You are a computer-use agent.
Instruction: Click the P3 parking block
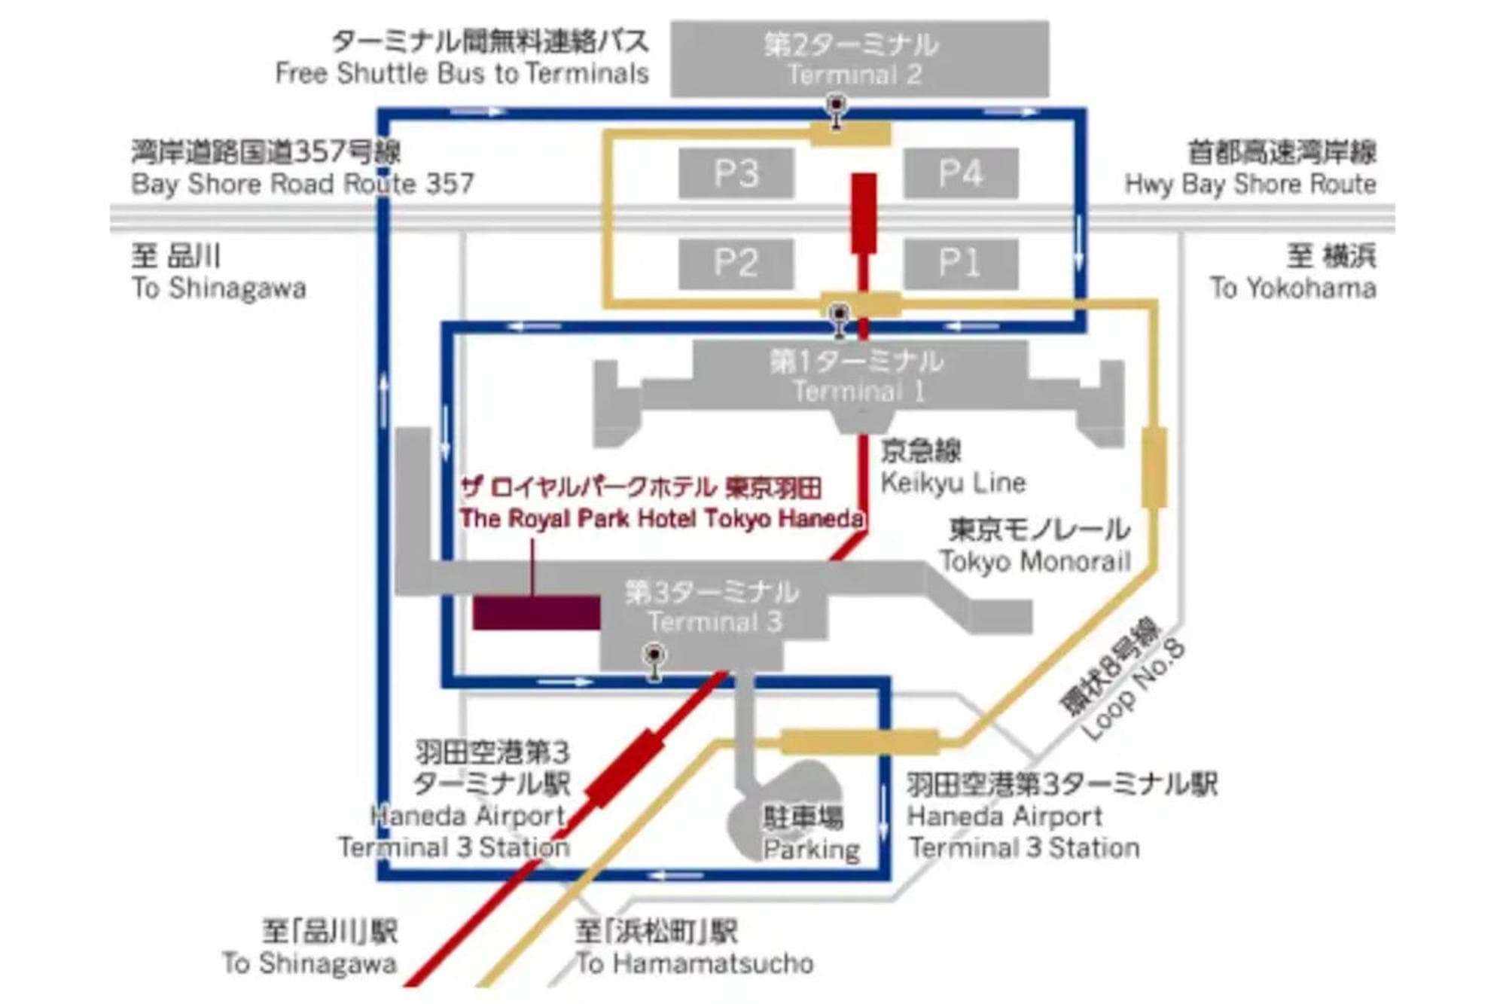(x=736, y=173)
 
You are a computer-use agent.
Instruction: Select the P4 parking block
(x=960, y=173)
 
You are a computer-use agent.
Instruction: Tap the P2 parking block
(x=736, y=263)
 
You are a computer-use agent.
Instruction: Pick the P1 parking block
(x=960, y=263)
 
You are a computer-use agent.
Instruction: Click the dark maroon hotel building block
(x=536, y=612)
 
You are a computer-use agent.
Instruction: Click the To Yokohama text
(x=1293, y=288)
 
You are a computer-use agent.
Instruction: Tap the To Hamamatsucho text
(x=694, y=963)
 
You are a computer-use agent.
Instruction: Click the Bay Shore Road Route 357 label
(x=302, y=184)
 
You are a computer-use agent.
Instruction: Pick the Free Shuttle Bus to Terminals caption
(x=462, y=74)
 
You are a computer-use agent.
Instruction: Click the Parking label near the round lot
(x=810, y=850)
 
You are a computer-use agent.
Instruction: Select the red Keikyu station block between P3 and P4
(x=864, y=213)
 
